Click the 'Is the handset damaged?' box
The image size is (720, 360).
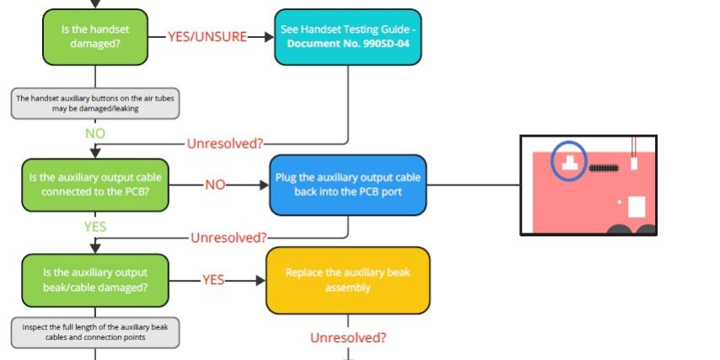coord(94,36)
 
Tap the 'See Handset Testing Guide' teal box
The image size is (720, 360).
coord(347,36)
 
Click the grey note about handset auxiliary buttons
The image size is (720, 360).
coord(95,103)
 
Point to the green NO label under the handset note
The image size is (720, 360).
coord(95,134)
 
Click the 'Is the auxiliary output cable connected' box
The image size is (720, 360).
coord(94,185)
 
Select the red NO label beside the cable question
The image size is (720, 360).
coord(215,185)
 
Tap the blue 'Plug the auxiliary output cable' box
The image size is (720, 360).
coord(347,184)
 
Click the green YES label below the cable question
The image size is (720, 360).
coord(94,227)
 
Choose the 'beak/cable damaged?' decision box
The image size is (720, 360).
coord(94,280)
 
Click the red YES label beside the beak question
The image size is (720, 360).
coord(213,280)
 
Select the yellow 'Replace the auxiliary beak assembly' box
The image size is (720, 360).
coord(347,280)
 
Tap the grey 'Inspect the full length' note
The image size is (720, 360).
coord(95,332)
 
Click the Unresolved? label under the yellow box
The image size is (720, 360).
coord(348,338)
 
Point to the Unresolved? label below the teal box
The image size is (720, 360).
coord(224,143)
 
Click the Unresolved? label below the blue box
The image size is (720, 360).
coord(228,237)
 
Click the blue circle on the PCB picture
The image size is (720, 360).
coord(571,159)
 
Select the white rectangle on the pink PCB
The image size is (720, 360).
coord(637,207)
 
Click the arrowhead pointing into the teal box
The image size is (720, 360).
coord(269,37)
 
